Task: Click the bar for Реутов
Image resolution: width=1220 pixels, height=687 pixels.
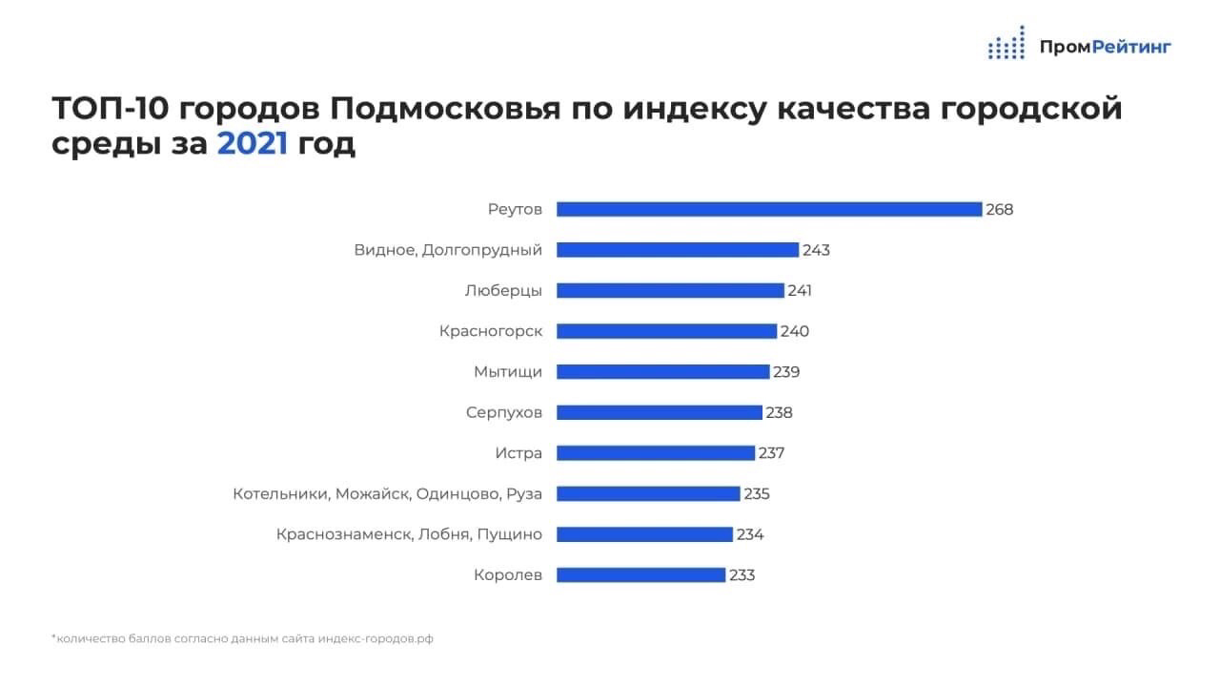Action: point(768,209)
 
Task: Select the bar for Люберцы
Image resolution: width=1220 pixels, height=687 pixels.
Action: point(670,290)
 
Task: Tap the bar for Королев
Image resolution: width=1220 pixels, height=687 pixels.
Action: point(640,575)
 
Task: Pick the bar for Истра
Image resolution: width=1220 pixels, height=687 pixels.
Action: point(656,453)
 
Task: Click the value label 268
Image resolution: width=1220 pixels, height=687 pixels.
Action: point(1000,209)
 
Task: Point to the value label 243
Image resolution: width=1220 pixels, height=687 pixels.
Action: point(816,250)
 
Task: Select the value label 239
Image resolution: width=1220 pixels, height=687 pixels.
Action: point(786,372)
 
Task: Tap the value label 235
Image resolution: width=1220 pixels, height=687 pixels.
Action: point(756,494)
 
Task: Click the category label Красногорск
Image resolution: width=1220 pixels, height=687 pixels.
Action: point(491,331)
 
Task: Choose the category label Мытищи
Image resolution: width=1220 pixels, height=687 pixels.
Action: point(508,372)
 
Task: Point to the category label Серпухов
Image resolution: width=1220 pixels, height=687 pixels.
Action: point(504,413)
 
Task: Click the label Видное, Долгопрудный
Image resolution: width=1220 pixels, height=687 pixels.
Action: point(448,250)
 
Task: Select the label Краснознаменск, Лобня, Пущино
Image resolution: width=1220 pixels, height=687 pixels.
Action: point(409,534)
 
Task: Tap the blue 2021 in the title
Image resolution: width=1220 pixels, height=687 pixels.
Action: point(253,144)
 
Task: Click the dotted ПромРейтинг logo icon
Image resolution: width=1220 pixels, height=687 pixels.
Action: point(1006,44)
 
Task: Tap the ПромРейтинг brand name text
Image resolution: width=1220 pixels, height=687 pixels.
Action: point(1105,46)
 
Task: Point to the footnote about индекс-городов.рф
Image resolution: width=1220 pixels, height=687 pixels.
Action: point(242,638)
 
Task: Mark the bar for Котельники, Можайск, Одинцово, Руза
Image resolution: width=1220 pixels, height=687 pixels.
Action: point(648,494)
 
